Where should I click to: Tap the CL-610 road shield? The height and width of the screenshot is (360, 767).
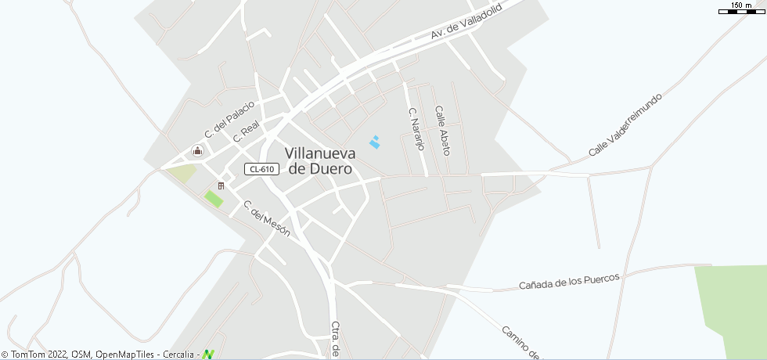pos(261,169)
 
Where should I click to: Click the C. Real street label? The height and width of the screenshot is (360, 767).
pos(246,131)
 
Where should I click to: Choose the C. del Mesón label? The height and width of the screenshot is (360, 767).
pos(267,218)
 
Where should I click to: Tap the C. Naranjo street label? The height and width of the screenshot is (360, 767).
pos(416,129)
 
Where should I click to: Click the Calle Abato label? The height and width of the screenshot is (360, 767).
pos(442,130)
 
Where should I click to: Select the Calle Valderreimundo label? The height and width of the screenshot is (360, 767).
pos(625,124)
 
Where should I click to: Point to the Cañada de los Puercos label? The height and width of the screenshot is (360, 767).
pos(569,281)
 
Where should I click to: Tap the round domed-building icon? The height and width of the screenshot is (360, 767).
pos(198,151)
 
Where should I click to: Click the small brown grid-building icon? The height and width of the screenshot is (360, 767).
pos(221,185)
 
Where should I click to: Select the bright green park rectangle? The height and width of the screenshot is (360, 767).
pos(214,199)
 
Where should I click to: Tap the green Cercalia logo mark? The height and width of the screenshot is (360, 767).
pos(208,354)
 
